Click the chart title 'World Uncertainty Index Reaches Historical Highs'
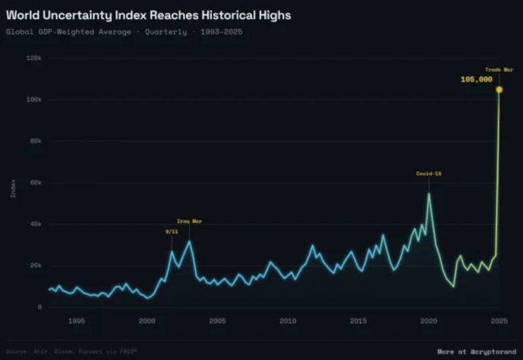click(148, 14)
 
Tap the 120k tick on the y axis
click(33, 58)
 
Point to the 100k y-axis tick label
click(33, 100)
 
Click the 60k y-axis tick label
click(35, 183)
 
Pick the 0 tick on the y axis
click(40, 307)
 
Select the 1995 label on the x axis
click(76, 321)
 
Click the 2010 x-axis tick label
click(288, 321)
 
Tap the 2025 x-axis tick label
click(499, 321)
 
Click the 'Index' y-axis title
click(13, 188)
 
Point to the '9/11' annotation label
click(171, 231)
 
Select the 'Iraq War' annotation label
click(190, 221)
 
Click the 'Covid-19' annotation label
click(429, 173)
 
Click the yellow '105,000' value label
click(477, 79)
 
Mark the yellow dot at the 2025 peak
click(499, 90)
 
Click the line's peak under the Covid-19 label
click(429, 193)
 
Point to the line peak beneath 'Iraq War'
click(190, 241)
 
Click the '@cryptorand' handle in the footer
click(492, 352)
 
